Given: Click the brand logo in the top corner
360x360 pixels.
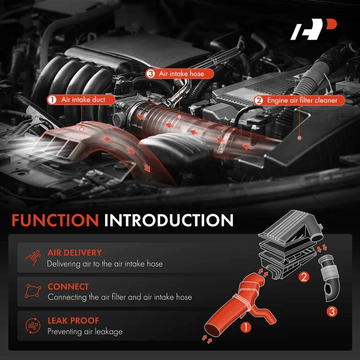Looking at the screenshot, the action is [x=313, y=29].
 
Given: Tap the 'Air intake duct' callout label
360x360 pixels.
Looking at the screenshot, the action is [x=81, y=100].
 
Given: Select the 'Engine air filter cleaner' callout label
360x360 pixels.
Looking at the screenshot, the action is [x=299, y=101].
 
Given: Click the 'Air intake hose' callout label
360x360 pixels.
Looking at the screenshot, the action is [x=179, y=74].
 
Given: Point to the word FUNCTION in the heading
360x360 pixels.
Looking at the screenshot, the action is [x=55, y=220].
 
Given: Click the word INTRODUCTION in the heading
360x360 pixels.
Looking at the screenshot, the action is [x=169, y=220].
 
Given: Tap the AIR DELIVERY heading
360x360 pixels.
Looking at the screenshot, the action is [x=74, y=253].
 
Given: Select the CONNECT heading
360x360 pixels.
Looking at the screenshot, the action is [x=68, y=287].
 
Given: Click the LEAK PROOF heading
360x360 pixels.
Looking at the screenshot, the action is [x=73, y=321].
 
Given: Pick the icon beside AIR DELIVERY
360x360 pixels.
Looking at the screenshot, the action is [x=33, y=257].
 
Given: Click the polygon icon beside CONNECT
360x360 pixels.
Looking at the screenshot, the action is [x=33, y=291].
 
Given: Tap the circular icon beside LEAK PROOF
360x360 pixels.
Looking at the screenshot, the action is [x=33, y=326].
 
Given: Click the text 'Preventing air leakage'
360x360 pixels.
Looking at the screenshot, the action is [x=85, y=332].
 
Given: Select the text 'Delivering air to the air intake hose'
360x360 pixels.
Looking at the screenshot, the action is [x=104, y=264].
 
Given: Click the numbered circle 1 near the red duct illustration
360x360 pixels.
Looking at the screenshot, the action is [x=245, y=328].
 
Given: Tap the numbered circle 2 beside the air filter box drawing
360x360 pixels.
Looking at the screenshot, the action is [x=304, y=277].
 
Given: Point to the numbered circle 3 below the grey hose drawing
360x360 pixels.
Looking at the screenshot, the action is [x=332, y=311].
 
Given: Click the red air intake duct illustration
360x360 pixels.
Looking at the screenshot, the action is [x=239, y=305].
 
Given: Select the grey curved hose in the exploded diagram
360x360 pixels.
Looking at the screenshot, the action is [x=329, y=278].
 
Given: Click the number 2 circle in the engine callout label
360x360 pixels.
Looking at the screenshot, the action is [x=259, y=101].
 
